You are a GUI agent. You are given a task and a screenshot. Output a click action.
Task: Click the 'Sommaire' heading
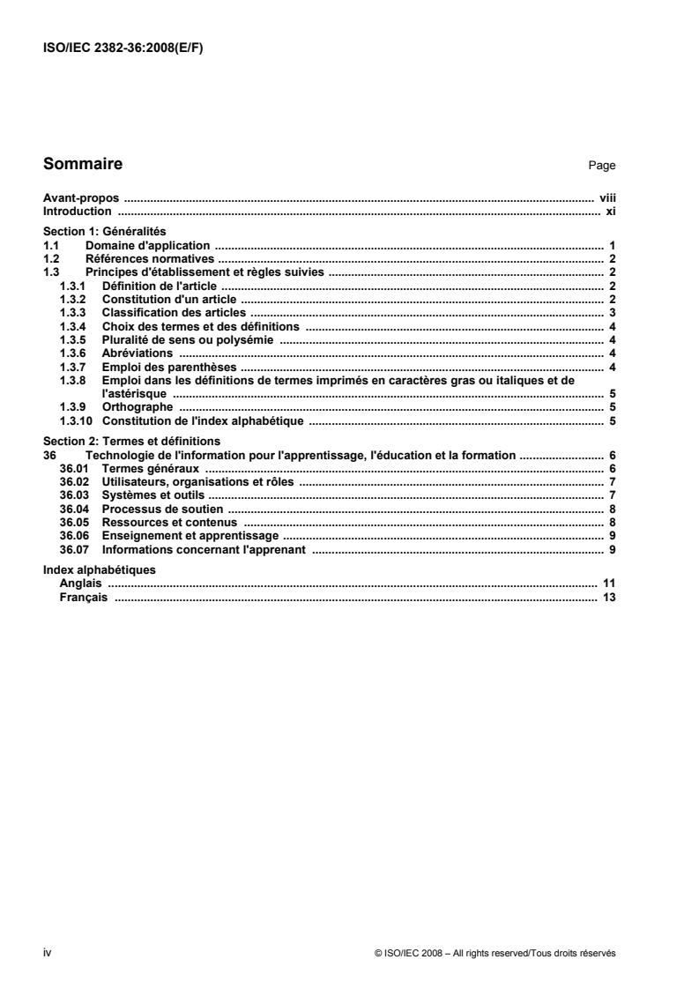tap(83, 164)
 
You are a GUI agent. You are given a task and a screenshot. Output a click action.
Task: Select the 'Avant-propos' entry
tap(81, 200)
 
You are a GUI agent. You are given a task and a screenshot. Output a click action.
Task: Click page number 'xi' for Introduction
tap(610, 212)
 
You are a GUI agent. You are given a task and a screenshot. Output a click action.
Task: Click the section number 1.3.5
tap(72, 339)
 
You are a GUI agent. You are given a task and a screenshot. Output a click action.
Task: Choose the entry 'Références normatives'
tap(149, 259)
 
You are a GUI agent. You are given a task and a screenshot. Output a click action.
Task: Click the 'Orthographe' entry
tap(137, 407)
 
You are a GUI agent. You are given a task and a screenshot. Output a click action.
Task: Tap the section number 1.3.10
tap(76, 420)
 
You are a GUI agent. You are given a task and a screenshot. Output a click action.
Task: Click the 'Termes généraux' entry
tap(150, 468)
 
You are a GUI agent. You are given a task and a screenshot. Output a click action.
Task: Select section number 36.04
tap(74, 509)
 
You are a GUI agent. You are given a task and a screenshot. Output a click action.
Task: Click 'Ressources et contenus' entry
tap(169, 522)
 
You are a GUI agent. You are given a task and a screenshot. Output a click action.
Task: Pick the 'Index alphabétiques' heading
tap(100, 569)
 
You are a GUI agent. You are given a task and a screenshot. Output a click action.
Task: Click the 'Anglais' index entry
tap(79, 584)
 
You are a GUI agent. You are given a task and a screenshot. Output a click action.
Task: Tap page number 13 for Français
tap(608, 597)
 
